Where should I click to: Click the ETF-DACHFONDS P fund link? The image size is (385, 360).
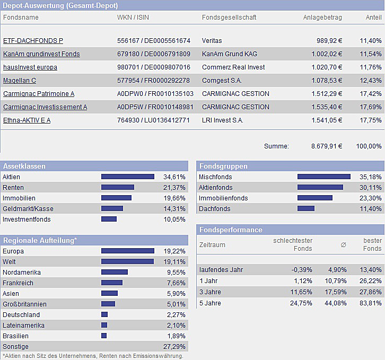pyautogui.click(x=33, y=41)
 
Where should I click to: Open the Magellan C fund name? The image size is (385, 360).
pyautogui.click(x=20, y=81)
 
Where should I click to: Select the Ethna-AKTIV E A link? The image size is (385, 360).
pyautogui.click(x=27, y=120)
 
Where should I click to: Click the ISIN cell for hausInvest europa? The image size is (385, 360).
pyautogui.click(x=153, y=67)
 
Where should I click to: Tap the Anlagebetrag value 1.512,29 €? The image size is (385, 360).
pyautogui.click(x=325, y=94)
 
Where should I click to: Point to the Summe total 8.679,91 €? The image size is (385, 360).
pyautogui.click(x=326, y=146)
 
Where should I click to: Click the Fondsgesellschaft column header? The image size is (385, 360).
pyautogui.click(x=229, y=17)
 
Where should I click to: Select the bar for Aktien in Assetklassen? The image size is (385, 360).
pyautogui.click(x=127, y=177)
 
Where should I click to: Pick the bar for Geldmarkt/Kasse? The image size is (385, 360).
pyautogui.click(x=112, y=209)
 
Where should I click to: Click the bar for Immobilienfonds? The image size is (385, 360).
pyautogui.click(x=315, y=198)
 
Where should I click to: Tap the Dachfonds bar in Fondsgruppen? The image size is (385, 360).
pyautogui.click(x=306, y=209)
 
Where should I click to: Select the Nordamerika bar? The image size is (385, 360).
pyautogui.click(x=115, y=273)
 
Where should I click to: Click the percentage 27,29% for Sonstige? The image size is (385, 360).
pyautogui.click(x=174, y=347)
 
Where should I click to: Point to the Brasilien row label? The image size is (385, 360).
pyautogui.click(x=16, y=336)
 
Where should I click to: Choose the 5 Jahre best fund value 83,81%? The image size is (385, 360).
pyautogui.click(x=370, y=303)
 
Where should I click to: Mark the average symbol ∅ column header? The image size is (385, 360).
pyautogui.click(x=343, y=245)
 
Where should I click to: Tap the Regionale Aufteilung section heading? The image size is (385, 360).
pyautogui.click(x=40, y=241)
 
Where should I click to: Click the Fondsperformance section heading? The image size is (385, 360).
pyautogui.click(x=231, y=230)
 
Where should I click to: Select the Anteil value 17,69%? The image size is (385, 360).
pyautogui.click(x=370, y=107)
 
